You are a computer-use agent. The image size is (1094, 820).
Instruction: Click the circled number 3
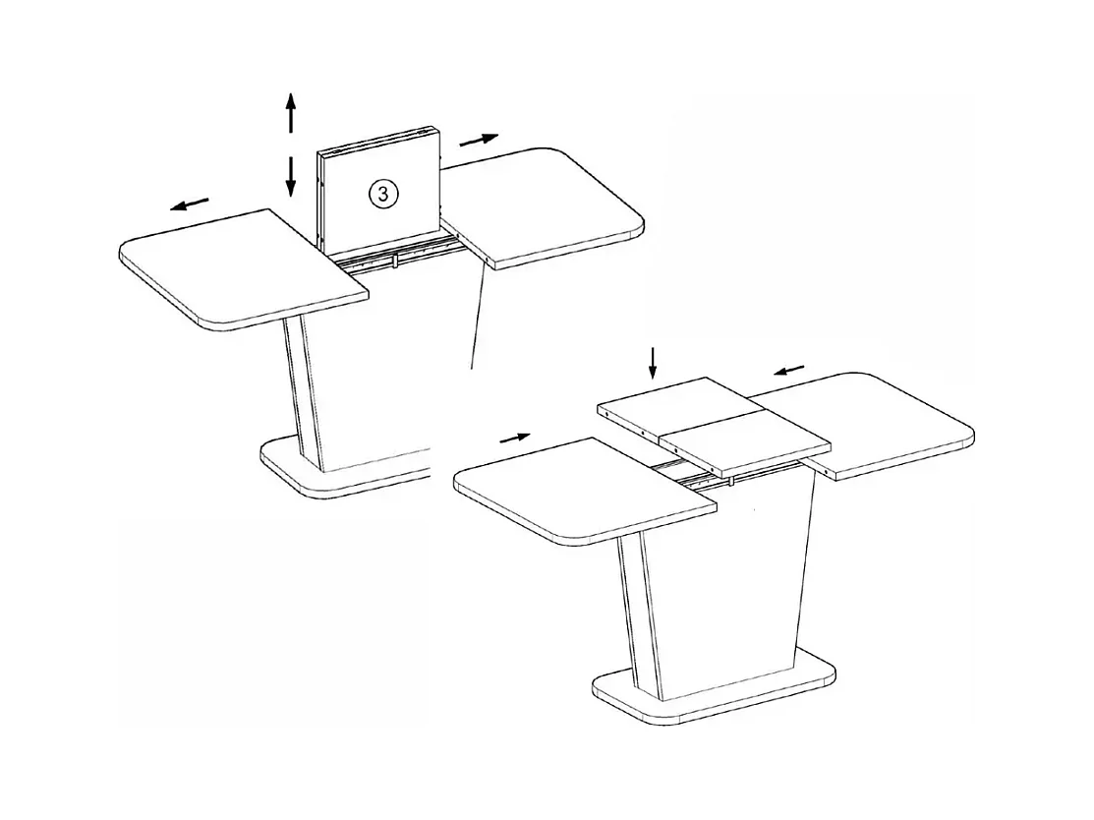click(x=383, y=194)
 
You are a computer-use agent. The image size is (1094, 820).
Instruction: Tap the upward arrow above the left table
click(x=291, y=112)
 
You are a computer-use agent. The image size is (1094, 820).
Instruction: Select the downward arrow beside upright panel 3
click(x=291, y=177)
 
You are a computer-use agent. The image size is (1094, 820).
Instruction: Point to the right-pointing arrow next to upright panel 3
click(x=480, y=140)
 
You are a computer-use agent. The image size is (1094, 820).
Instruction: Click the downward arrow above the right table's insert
click(x=653, y=362)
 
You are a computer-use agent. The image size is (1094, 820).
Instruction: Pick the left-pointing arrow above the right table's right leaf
click(x=789, y=370)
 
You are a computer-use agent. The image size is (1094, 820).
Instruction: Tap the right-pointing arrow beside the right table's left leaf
click(x=516, y=438)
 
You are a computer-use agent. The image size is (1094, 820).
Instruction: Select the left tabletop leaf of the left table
click(x=244, y=268)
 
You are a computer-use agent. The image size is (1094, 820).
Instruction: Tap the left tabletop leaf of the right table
click(x=585, y=490)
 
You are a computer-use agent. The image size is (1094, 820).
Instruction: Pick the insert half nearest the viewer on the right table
click(x=745, y=443)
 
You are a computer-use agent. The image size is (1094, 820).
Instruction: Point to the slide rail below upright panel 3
click(x=399, y=254)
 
